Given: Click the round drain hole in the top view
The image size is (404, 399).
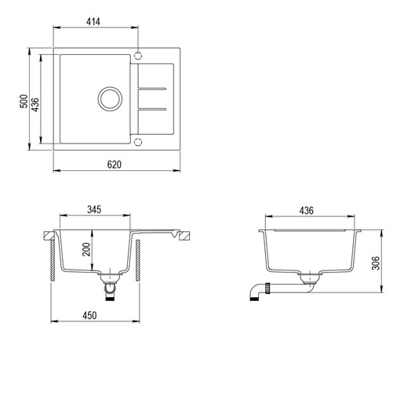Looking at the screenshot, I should (108, 99).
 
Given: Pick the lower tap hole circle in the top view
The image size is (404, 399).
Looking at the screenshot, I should (139, 142).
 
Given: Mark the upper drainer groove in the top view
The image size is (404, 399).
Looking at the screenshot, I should (153, 89).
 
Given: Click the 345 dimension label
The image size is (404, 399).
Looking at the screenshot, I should (94, 210).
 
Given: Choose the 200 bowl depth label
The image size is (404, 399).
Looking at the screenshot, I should (88, 251).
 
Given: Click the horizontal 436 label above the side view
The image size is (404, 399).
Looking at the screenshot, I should (307, 210).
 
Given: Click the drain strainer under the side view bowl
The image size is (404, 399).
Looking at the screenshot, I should (311, 276).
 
